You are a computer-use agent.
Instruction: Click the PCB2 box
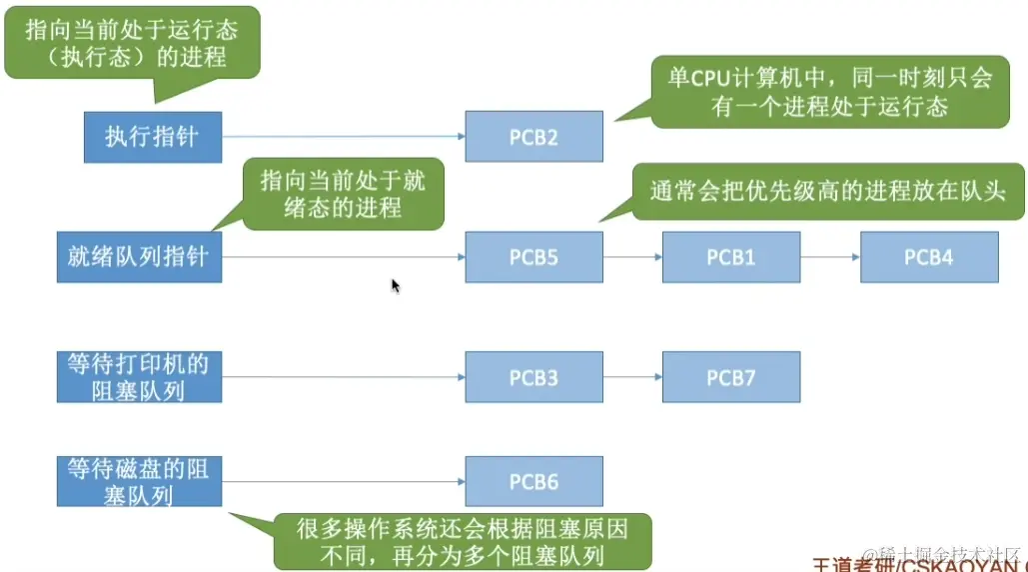533,137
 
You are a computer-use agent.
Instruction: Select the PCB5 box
533,257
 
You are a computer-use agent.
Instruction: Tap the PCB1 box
730,257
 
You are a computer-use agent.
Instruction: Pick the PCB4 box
928,257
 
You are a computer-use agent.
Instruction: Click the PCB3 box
533,377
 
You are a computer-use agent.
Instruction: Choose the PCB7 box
730,377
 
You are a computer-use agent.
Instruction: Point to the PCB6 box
533,481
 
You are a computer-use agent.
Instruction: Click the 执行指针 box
152,137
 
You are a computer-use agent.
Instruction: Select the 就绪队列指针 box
139,257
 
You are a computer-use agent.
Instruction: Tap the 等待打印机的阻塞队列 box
139,377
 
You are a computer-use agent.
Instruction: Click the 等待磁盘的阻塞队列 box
139,481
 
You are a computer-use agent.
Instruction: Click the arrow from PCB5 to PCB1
632,257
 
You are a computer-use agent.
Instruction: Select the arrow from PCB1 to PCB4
829,257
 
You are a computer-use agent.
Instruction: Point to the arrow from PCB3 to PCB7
632,377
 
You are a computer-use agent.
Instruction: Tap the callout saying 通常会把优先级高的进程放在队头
827,192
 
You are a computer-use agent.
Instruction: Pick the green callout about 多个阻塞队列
463,541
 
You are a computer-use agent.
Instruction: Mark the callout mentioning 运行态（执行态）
132,42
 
